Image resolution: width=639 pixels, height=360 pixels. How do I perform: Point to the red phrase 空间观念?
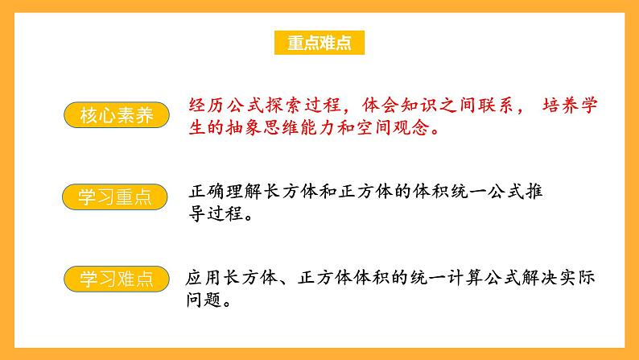pos(408,127)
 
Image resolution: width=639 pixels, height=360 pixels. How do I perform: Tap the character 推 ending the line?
pos(546,193)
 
